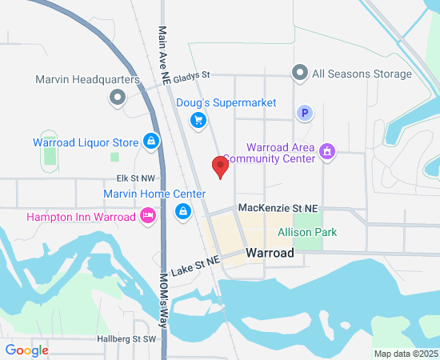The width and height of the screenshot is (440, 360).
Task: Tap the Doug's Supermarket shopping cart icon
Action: pyautogui.click(x=198, y=120)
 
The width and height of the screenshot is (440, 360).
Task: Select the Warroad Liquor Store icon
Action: pyautogui.click(x=150, y=142)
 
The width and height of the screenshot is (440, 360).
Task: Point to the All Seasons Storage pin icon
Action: pyautogui.click(x=300, y=74)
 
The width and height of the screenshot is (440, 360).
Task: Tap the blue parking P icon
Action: pyautogui.click(x=304, y=114)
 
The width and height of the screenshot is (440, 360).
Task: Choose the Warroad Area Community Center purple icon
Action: pyautogui.click(x=326, y=150)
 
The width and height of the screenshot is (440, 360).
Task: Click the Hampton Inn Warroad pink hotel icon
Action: pyautogui.click(x=147, y=215)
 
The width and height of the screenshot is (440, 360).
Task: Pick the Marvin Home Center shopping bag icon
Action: pyautogui.click(x=183, y=211)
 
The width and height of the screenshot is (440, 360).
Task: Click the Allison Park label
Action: pyautogui.click(x=307, y=233)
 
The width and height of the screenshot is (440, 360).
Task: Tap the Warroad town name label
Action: pyautogui.click(x=270, y=253)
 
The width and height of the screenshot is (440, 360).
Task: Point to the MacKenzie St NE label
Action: pyautogui.click(x=278, y=208)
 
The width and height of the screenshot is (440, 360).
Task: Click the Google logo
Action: pyautogui.click(x=26, y=350)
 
